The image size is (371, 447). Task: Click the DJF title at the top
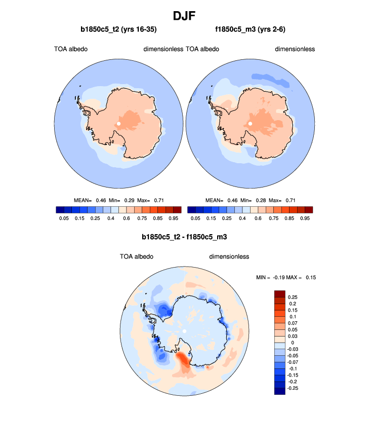point(185,15)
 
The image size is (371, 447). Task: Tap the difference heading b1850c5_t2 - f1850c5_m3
point(185,236)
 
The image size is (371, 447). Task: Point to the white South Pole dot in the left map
point(118,123)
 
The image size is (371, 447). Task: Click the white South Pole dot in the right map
point(250,123)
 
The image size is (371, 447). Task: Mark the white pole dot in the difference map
point(184,331)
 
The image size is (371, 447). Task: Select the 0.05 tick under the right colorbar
point(195,218)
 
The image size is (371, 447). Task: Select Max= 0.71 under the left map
point(161,201)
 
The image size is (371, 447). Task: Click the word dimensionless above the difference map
point(229,256)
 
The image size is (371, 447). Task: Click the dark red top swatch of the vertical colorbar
point(279,294)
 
